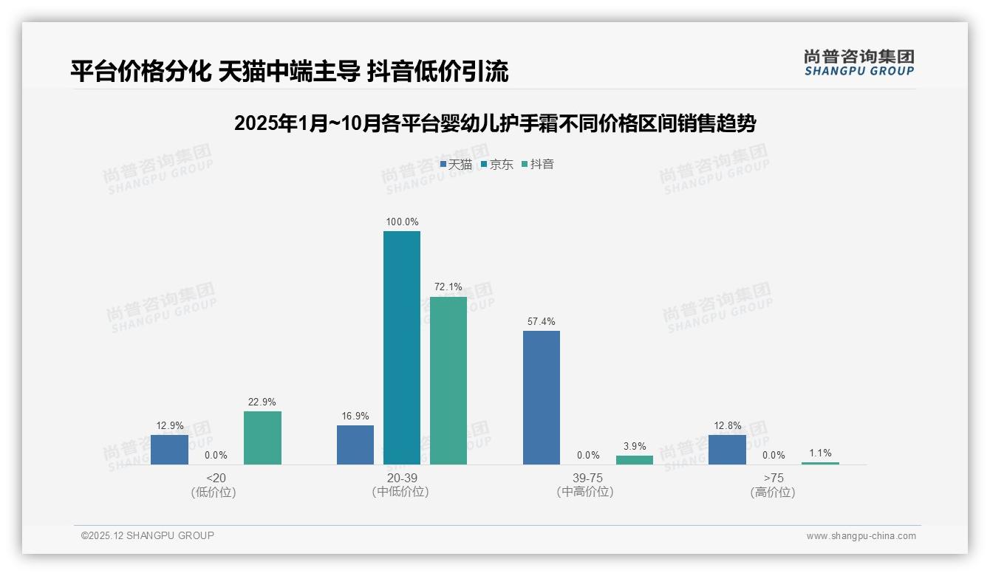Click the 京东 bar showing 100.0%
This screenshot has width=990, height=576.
tap(401, 348)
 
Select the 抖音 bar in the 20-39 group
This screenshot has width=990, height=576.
tap(448, 380)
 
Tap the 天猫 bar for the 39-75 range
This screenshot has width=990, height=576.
tap(542, 397)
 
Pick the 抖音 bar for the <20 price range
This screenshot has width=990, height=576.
tap(262, 438)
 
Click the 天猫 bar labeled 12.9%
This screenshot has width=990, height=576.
tap(169, 450)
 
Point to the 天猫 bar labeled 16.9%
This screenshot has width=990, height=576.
tap(355, 445)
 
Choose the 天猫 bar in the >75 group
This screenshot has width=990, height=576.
tap(727, 450)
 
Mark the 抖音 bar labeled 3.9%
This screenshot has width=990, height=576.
tap(635, 460)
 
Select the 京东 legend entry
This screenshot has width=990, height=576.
tap(496, 164)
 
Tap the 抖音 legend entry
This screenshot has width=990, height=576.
tap(537, 164)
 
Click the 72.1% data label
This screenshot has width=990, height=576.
tap(448, 287)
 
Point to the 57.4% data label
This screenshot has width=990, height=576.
tap(542, 321)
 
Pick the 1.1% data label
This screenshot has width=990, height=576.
tap(820, 453)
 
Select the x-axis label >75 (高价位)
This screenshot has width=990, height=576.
tap(773, 485)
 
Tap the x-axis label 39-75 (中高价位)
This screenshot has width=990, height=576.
tap(585, 485)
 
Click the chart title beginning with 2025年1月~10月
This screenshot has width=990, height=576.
tap(495, 123)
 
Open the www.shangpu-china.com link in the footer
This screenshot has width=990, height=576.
tap(861, 536)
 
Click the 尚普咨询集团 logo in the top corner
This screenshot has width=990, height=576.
tap(859, 62)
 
